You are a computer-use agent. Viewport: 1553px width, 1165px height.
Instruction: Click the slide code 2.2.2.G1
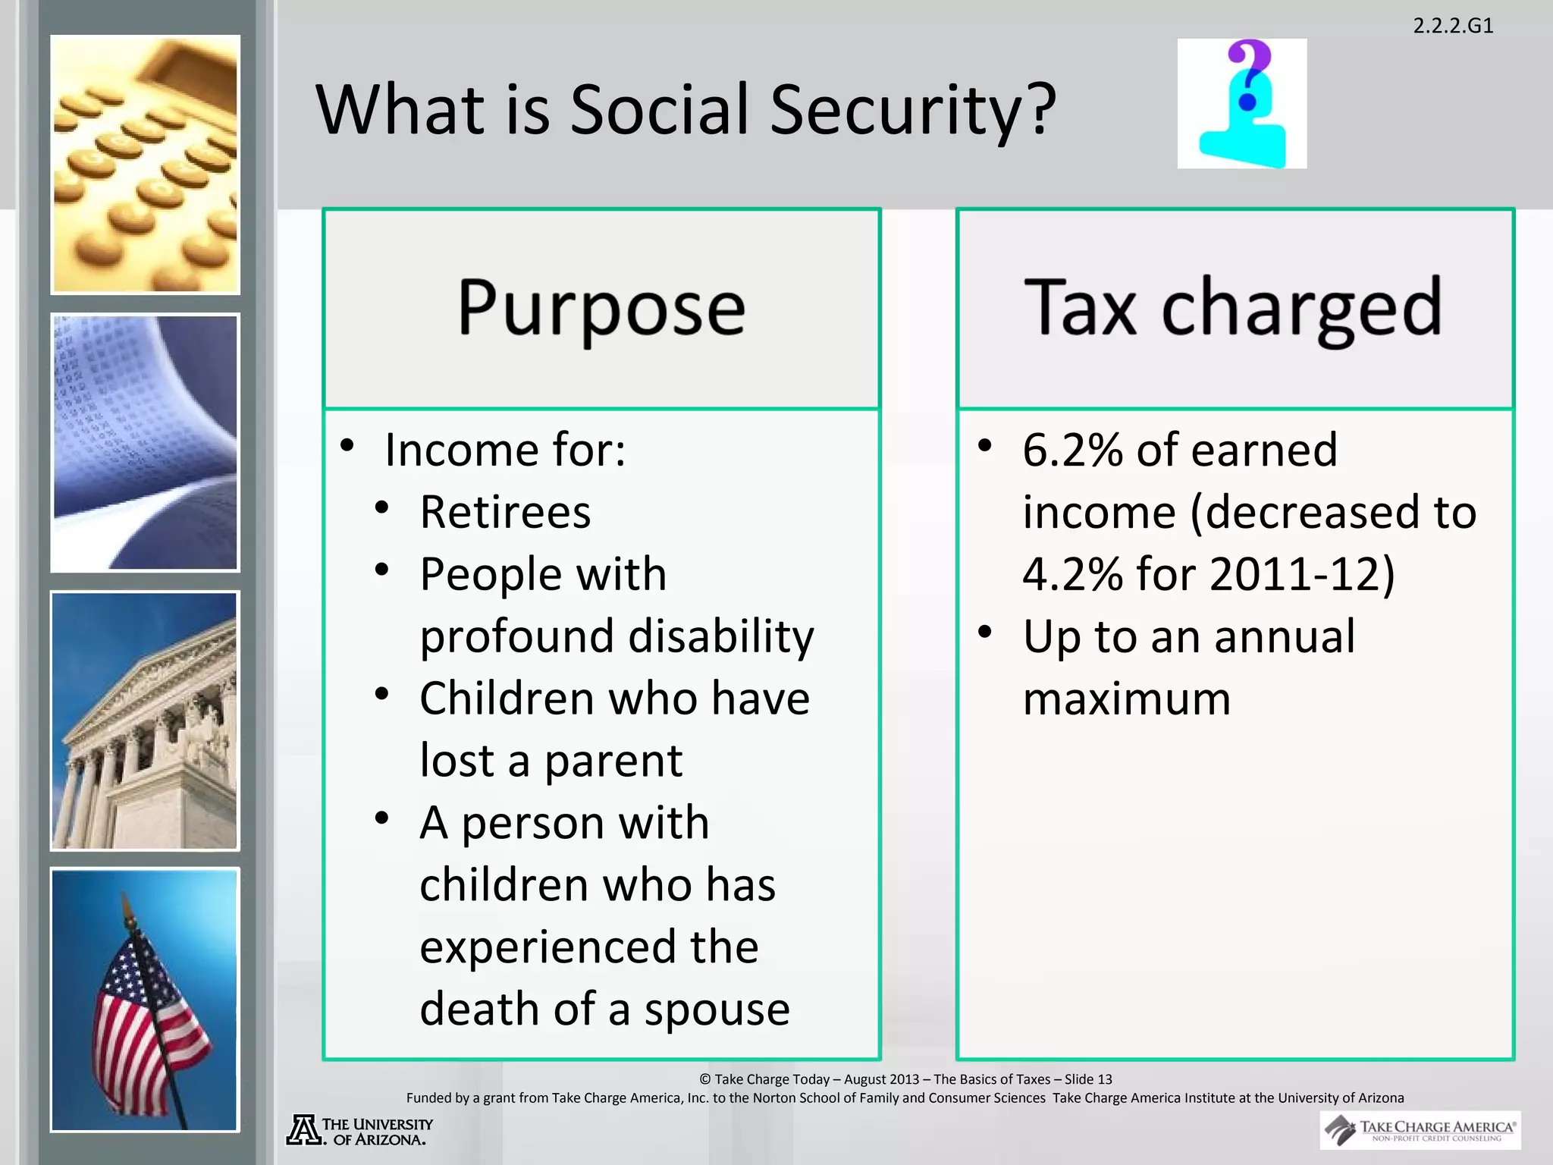[x=1453, y=26]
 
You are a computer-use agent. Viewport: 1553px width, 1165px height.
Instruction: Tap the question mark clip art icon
[x=1242, y=104]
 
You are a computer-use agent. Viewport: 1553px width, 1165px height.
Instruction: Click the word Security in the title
[x=912, y=110]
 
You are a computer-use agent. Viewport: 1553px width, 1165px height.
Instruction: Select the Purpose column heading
[x=601, y=308]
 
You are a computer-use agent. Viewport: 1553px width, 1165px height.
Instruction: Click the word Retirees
[x=505, y=512]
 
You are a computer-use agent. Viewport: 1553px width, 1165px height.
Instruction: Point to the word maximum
[x=1126, y=699]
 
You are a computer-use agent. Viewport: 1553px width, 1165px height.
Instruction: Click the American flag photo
[x=145, y=1000]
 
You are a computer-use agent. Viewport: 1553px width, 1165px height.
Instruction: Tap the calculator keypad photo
[x=145, y=165]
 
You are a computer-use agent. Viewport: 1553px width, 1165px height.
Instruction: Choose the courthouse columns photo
[x=145, y=721]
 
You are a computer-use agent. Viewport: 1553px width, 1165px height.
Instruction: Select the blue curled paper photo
[x=145, y=442]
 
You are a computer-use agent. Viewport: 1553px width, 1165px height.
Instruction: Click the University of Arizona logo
[x=359, y=1130]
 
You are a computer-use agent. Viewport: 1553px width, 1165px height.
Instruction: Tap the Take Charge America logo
[x=1420, y=1130]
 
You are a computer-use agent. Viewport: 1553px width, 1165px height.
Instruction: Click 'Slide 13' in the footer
[x=1088, y=1079]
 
